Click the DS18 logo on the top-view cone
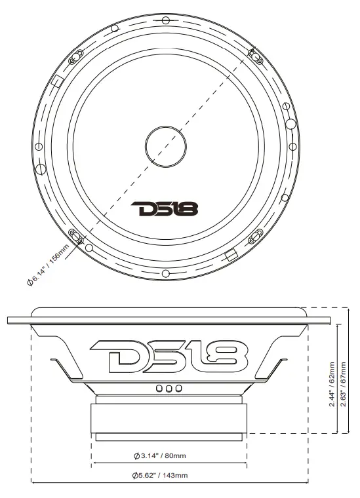click(x=165, y=209)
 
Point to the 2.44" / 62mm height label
click(x=332, y=385)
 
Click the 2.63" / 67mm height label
click(x=343, y=385)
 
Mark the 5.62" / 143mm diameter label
click(x=160, y=475)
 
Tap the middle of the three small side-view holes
click(x=169, y=389)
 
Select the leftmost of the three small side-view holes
click(x=159, y=389)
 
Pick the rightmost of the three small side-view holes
click(x=177, y=389)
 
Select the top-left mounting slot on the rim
click(x=74, y=57)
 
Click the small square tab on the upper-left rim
click(x=56, y=83)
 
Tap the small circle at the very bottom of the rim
click(x=166, y=273)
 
